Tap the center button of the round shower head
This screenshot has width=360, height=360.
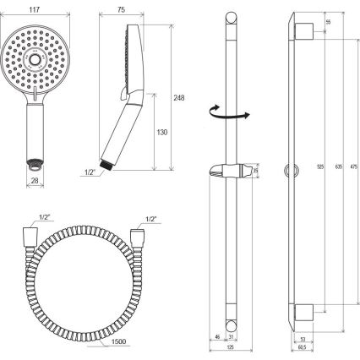point(37,58)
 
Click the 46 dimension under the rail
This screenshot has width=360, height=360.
point(217,336)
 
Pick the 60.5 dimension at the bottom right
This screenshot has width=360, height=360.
point(301,347)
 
